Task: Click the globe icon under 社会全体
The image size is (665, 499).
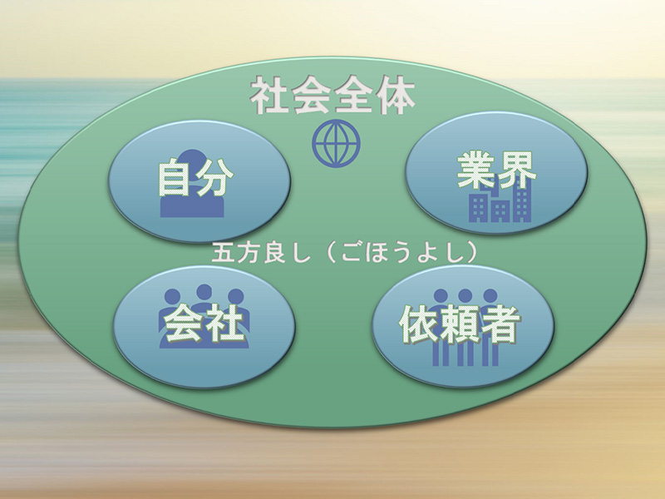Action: (336, 143)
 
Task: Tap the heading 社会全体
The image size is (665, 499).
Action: (332, 96)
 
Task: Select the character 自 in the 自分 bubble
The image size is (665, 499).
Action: (175, 177)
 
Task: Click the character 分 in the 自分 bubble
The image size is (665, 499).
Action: (214, 177)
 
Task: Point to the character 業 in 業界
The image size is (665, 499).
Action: (475, 170)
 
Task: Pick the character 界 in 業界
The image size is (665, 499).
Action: (516, 170)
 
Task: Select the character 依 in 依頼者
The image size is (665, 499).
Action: (418, 324)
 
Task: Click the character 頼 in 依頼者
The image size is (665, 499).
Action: (460, 324)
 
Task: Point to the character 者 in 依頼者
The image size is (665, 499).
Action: (500, 324)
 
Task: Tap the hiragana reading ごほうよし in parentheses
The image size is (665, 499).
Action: (401, 254)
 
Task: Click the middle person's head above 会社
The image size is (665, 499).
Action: (204, 292)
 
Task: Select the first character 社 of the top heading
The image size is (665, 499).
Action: (269, 96)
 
